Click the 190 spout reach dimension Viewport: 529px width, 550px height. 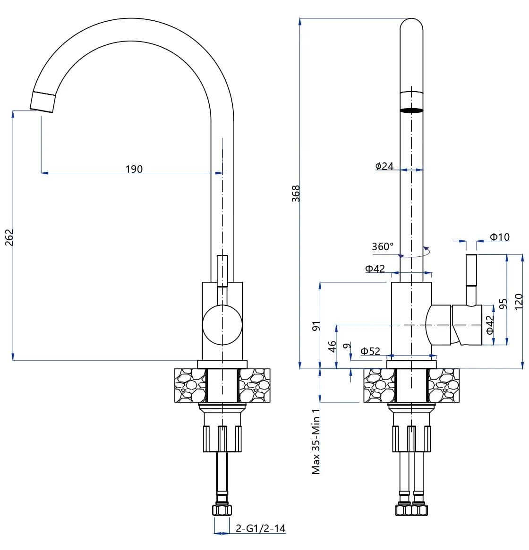134,169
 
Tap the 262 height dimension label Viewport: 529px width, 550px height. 9,237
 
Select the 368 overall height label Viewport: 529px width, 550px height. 296,194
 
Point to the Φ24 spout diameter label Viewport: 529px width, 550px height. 384,166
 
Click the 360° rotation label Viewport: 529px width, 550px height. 382,246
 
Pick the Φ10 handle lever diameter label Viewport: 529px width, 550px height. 499,237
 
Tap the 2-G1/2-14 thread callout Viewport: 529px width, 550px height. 260,528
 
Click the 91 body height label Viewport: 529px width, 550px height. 316,326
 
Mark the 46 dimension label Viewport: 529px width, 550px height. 332,346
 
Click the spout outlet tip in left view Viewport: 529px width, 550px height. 43,102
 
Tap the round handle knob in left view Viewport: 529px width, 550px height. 222,325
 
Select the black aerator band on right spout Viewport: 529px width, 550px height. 411,110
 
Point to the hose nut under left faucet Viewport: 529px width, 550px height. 222,510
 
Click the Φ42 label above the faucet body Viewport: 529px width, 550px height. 375,269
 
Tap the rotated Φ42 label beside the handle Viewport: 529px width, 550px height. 490,324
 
